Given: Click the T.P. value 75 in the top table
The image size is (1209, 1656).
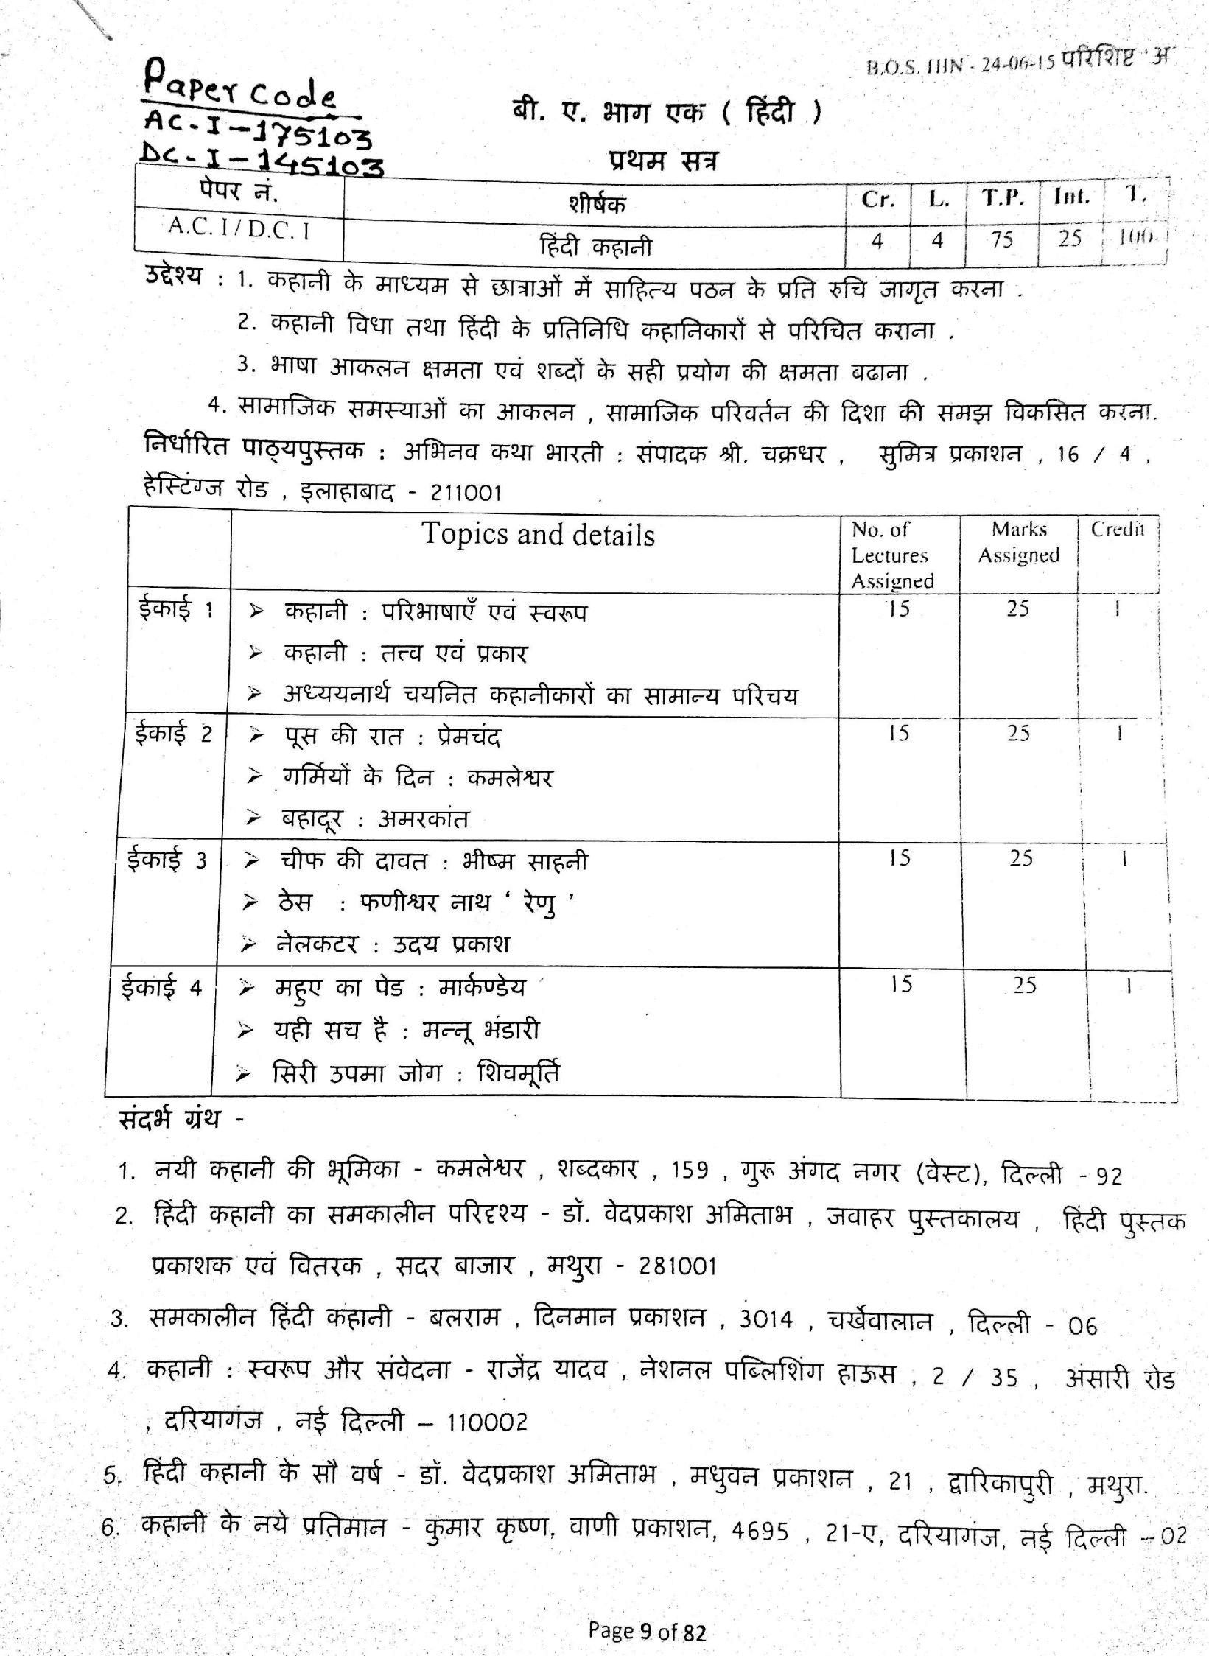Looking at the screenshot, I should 1002,239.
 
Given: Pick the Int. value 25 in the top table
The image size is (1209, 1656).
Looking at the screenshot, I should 1070,238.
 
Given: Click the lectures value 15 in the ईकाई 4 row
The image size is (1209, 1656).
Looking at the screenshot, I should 900,984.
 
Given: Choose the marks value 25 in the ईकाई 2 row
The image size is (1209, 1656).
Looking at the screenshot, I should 1018,733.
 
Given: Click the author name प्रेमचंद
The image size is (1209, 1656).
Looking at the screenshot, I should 469,737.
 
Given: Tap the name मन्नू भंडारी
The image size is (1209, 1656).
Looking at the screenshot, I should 480,1030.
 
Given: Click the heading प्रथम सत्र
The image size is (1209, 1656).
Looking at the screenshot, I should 663,161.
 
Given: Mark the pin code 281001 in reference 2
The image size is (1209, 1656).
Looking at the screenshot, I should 678,1266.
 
